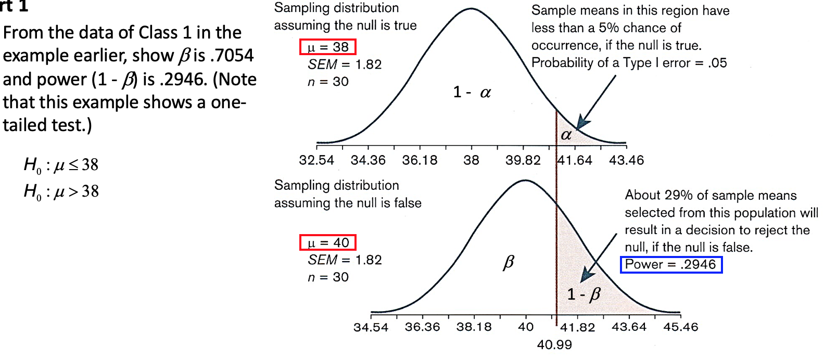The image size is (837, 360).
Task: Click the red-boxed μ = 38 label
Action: click(x=328, y=47)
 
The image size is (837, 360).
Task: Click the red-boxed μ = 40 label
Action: click(x=328, y=242)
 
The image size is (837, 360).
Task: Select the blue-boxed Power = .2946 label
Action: click(x=671, y=264)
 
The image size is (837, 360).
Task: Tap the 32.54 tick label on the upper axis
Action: click(x=316, y=160)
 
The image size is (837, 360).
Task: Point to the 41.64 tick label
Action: click(x=575, y=160)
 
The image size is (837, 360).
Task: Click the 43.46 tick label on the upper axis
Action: click(x=626, y=160)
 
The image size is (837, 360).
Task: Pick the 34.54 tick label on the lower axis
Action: click(x=371, y=327)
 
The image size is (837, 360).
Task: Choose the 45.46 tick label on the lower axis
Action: click(x=680, y=327)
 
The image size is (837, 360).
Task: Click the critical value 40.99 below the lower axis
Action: click(x=554, y=344)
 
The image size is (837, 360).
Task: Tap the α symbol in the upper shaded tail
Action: click(x=566, y=135)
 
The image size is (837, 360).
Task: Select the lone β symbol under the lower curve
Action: click(x=509, y=262)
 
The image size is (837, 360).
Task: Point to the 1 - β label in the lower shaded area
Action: click(x=584, y=294)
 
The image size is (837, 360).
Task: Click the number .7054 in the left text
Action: click(x=234, y=55)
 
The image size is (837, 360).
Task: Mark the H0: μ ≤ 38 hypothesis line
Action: click(x=61, y=165)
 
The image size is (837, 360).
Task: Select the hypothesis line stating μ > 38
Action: click(x=61, y=191)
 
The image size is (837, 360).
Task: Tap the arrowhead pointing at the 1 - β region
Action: click(x=587, y=275)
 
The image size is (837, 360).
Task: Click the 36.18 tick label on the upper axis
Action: click(x=420, y=160)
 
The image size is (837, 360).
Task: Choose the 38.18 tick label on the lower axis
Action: click(x=474, y=327)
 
